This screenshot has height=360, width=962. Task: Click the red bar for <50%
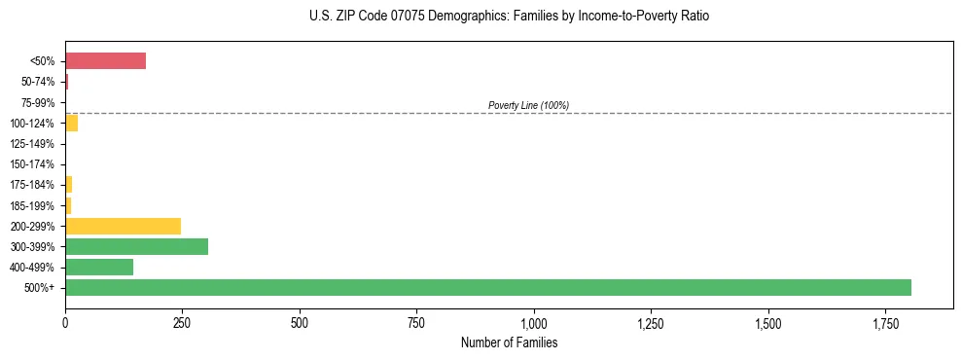coord(105,61)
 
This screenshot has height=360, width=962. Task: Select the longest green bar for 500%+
coord(487,287)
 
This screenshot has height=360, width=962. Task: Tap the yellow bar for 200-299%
coord(123,226)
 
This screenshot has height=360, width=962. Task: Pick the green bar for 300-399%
coord(136,246)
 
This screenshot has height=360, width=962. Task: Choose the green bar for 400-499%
coord(99,267)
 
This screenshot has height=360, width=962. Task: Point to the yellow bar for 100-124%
coord(71,123)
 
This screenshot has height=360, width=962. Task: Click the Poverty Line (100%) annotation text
coord(528,105)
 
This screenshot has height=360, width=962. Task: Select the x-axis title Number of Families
coord(509,342)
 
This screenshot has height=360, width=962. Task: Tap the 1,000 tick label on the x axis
coord(534,322)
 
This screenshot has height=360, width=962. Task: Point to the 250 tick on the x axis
coord(182,322)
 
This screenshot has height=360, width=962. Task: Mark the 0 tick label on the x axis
coord(65,322)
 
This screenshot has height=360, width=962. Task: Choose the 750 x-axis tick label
coord(416,322)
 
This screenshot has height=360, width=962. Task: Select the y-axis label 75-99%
coord(38,102)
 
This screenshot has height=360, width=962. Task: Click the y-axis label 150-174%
coord(32,164)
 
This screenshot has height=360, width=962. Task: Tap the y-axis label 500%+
coord(39,288)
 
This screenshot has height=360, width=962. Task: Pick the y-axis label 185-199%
coord(32,205)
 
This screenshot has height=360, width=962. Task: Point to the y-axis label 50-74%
coord(38,82)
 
